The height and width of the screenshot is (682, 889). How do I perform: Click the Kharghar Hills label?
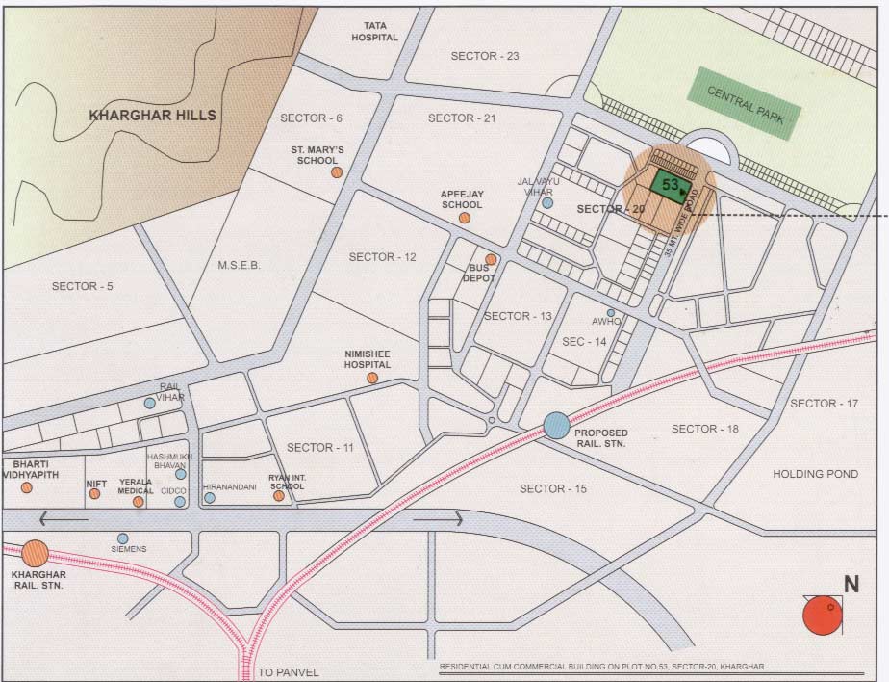(152, 115)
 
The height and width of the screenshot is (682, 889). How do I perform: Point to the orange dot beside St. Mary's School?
(337, 172)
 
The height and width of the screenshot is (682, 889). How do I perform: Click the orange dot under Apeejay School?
(465, 218)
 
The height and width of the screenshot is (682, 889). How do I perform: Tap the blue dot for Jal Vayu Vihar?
(547, 203)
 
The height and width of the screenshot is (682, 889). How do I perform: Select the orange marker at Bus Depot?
(491, 259)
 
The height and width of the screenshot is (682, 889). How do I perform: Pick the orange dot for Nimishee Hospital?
(372, 379)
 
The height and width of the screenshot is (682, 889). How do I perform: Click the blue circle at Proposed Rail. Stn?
(556, 425)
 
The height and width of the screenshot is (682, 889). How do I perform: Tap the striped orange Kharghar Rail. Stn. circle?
(36, 553)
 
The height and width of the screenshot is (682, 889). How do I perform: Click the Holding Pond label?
(815, 474)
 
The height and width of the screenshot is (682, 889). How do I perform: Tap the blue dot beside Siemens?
(122, 538)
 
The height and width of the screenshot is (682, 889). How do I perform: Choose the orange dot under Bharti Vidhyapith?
(27, 487)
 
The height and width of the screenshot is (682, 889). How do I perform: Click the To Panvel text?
(289, 671)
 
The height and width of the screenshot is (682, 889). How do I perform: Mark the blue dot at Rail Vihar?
(149, 403)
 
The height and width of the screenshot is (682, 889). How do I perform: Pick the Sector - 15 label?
(553, 489)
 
